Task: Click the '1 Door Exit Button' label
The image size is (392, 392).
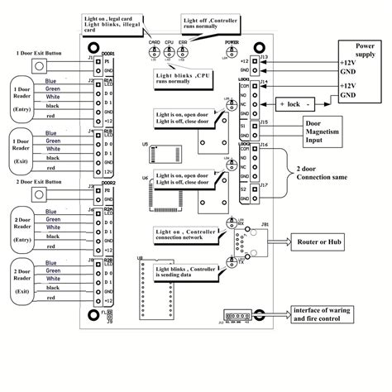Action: [x=38, y=53]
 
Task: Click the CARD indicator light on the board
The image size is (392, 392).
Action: [x=154, y=51]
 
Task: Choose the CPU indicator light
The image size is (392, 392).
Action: [x=170, y=51]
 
